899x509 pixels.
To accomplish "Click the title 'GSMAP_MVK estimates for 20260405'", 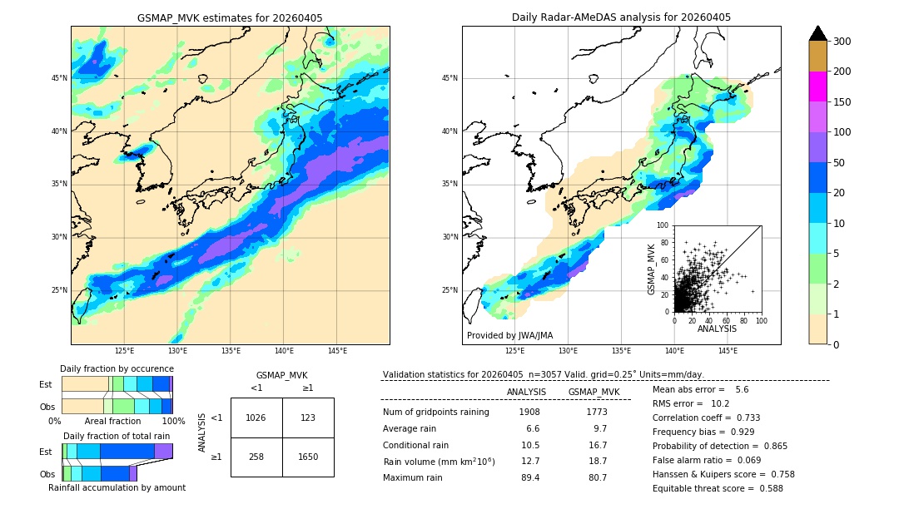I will (230, 17).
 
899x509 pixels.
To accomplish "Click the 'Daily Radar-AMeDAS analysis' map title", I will (621, 17).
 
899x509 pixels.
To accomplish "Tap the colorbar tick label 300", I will (842, 41).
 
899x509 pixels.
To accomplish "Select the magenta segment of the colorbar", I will (817, 86).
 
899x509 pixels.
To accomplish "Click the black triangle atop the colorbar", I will (817, 33).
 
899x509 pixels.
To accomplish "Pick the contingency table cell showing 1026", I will (256, 418).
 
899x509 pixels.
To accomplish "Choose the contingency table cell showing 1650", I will (308, 457).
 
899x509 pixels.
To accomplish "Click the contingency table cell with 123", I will (308, 418).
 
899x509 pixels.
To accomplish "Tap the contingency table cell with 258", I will (256, 457).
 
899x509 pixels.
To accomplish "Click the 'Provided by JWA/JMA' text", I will (509, 336).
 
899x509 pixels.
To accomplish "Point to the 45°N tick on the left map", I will (59, 78).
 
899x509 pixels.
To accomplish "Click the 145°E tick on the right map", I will (728, 351).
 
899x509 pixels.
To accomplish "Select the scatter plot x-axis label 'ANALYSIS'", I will (717, 329).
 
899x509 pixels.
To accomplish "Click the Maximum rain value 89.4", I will (529, 477).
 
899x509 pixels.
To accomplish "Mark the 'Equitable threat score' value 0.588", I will (765, 488).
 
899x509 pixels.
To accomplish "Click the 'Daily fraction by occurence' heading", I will (117, 368).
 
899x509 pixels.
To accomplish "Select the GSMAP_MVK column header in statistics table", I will (594, 392).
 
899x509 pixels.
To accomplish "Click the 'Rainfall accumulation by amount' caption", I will (117, 487).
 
